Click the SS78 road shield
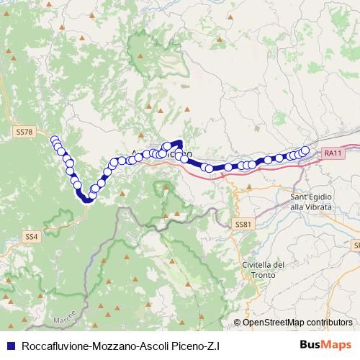point(24,132)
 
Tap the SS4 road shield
point(31,236)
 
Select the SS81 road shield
point(243,224)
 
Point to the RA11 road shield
point(333,153)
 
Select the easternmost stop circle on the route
point(305,150)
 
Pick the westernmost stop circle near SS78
point(54,139)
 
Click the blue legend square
point(9,346)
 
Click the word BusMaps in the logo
point(325,345)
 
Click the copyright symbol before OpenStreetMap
point(238,322)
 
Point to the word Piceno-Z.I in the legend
point(199,346)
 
